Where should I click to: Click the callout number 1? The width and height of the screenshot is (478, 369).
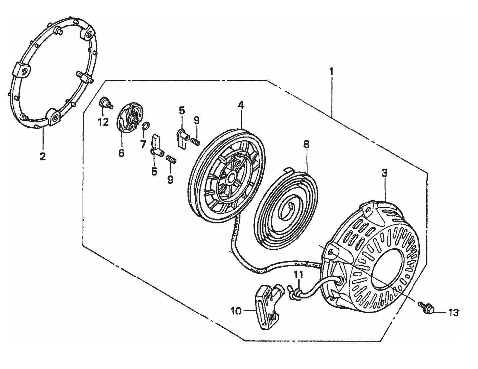(x=332, y=71)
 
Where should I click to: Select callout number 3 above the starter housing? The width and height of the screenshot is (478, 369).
(x=385, y=173)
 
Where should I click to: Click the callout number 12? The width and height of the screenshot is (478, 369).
(x=103, y=123)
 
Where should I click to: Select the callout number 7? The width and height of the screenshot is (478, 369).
(x=143, y=144)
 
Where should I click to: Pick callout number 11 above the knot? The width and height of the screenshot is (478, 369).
(x=298, y=274)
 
